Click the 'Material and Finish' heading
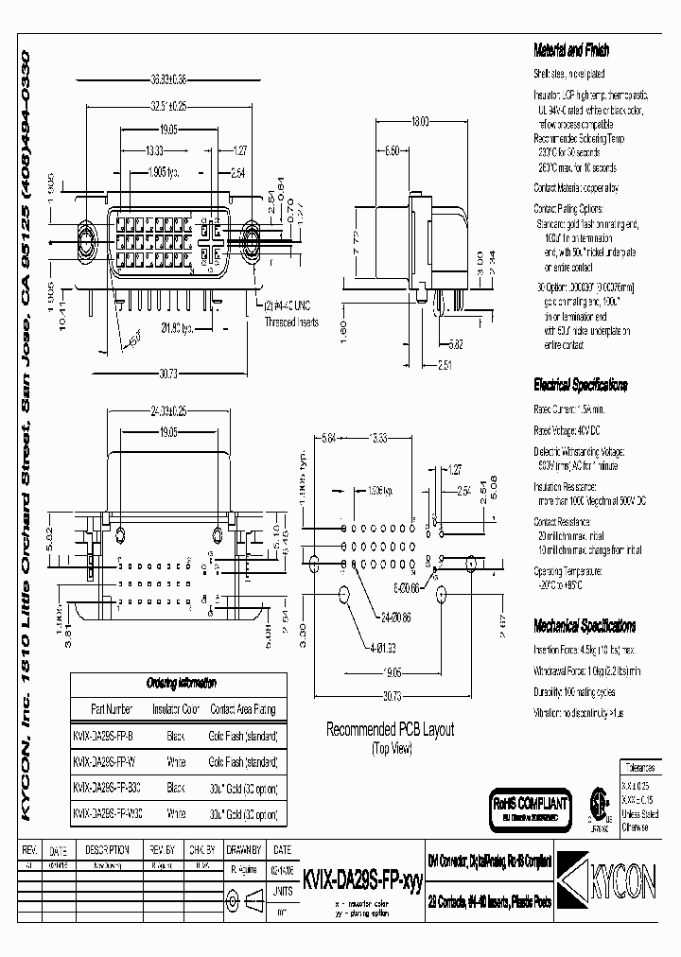coord(571,51)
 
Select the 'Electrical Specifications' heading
coord(579,386)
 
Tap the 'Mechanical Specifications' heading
coord(584,626)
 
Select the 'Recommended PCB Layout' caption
coord(390,729)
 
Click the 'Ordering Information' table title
coord(181,683)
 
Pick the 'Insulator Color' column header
coord(177,707)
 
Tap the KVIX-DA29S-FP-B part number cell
coord(104,734)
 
